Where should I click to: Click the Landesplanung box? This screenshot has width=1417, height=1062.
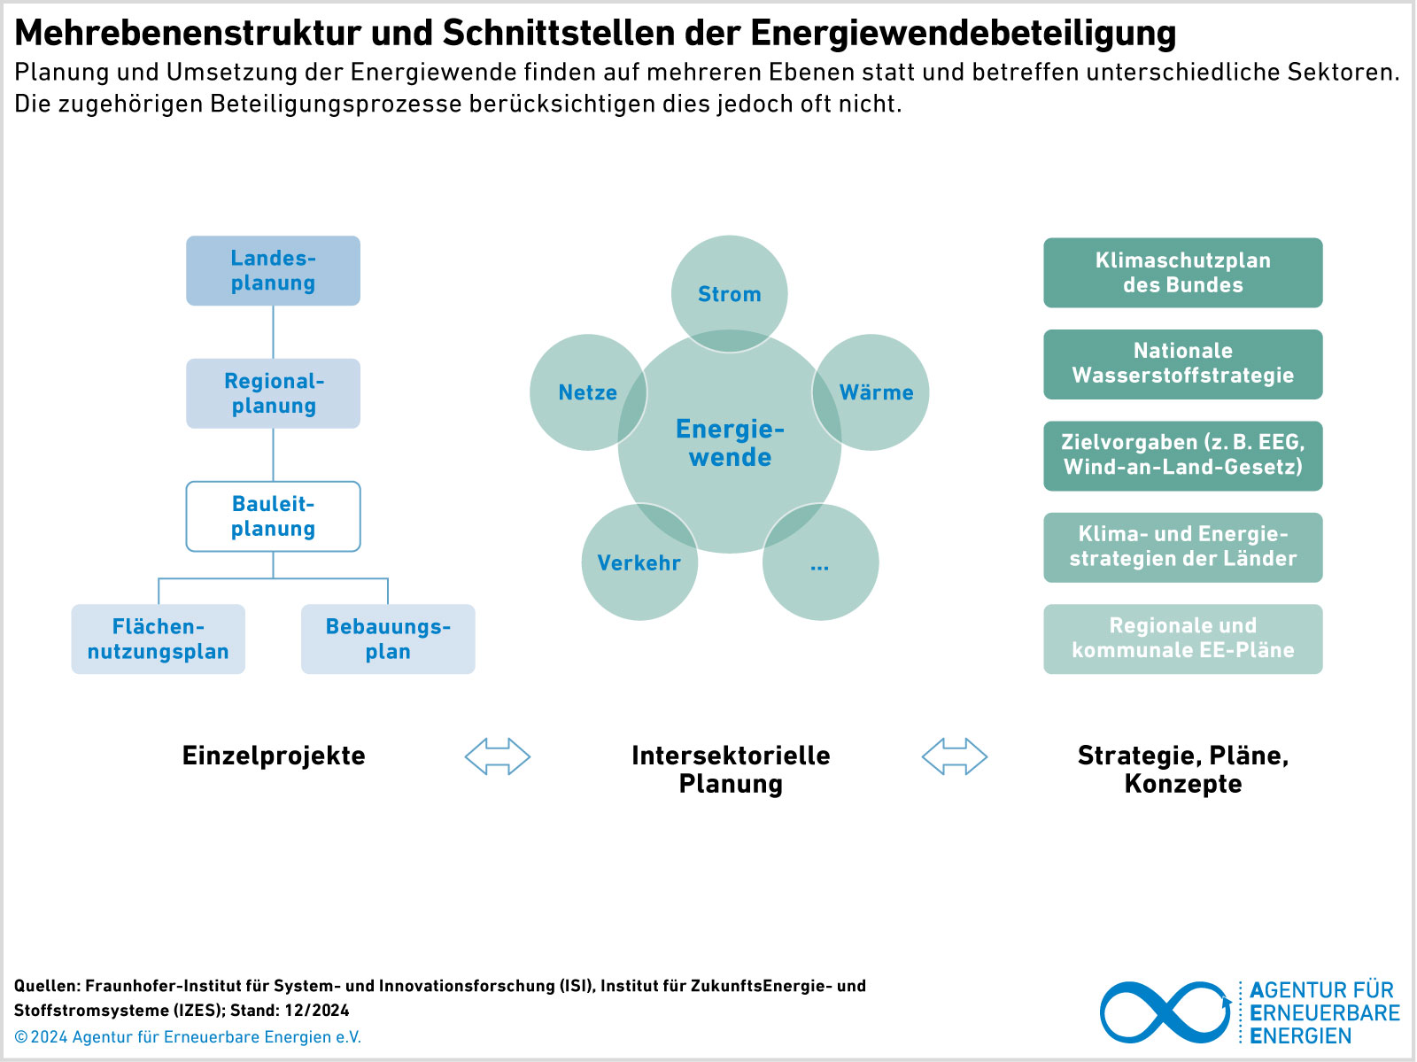273,270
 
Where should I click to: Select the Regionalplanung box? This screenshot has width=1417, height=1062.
273,393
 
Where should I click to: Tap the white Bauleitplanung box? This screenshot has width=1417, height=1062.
273,516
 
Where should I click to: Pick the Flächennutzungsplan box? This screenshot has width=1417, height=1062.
159,640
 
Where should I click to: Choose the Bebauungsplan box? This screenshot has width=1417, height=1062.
388,640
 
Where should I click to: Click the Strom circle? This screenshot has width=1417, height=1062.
730,294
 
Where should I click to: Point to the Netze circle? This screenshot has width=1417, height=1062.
588,391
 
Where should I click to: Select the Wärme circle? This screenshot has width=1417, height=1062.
871,391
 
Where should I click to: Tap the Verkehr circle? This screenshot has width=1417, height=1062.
639,562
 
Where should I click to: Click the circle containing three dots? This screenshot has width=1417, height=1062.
820,562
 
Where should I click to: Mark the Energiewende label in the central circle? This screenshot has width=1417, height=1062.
730,443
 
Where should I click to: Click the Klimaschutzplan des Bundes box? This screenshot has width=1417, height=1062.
1182,273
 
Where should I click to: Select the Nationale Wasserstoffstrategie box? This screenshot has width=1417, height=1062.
1182,364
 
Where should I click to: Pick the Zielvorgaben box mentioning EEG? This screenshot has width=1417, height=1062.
1182,456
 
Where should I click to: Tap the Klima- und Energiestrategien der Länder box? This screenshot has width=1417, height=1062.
1182,547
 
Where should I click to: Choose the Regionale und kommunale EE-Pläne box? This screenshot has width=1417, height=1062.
1182,640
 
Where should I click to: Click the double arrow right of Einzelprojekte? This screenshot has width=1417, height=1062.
498,756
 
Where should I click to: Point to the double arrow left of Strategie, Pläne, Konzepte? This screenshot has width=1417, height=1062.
955,756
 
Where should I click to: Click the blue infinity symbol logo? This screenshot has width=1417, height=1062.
1165,1012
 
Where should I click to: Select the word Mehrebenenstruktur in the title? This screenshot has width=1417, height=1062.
187,32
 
